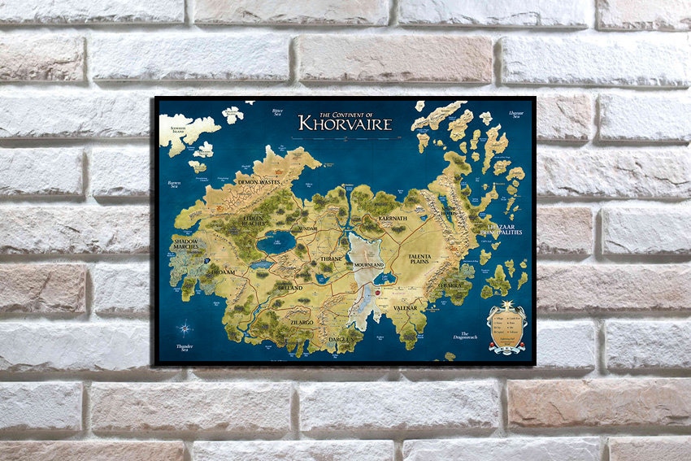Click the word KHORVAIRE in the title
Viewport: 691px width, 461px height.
pyautogui.click(x=345, y=124)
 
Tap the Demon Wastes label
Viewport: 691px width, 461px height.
pyautogui.click(x=259, y=183)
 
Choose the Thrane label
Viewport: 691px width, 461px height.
pyautogui.click(x=332, y=258)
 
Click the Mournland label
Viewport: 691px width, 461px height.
pyautogui.click(x=368, y=265)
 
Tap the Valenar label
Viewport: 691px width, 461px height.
pyautogui.click(x=405, y=308)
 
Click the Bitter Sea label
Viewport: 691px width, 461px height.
pyautogui.click(x=278, y=111)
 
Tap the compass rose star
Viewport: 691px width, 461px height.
pyautogui.click(x=185, y=329)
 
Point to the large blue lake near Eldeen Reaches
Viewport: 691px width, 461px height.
pyautogui.click(x=276, y=241)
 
